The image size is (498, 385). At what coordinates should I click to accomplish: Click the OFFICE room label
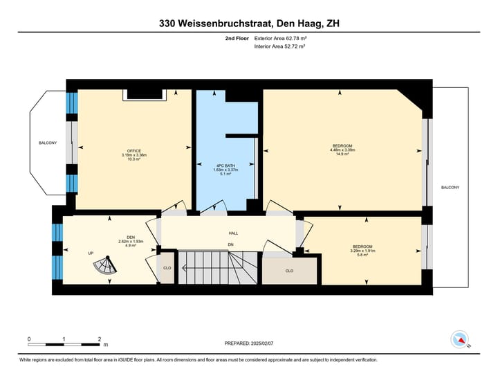coord(134,151)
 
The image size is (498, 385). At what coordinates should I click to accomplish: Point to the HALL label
coord(233,233)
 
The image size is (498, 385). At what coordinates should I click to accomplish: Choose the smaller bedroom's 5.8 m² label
coord(362,255)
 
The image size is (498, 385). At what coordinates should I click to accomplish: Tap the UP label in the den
coord(91,253)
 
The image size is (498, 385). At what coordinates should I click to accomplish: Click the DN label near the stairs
coord(231,244)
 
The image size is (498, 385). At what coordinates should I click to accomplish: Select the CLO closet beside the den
coord(167,267)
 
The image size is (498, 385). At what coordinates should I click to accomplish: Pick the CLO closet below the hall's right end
coord(289,271)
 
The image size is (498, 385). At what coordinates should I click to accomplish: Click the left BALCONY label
coord(48,143)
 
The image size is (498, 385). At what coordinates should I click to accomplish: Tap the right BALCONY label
coord(450,188)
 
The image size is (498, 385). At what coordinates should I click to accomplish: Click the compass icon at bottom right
coord(459,339)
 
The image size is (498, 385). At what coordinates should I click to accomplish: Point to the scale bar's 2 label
coord(100,339)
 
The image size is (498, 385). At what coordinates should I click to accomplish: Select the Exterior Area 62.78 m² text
coord(280,38)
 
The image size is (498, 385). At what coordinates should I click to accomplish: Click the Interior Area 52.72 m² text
coord(279,46)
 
